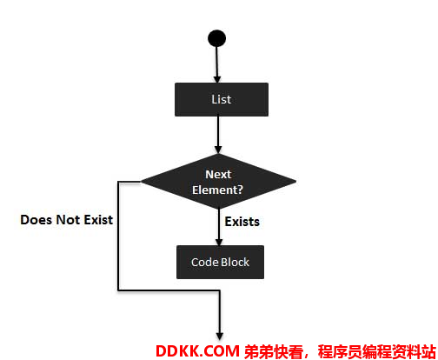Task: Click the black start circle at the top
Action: point(216,38)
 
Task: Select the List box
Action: point(222,99)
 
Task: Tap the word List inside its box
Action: point(221,99)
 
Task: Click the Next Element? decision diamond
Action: point(218,182)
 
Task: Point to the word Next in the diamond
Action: point(218,174)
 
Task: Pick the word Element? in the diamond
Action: point(217,190)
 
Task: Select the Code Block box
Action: point(220,262)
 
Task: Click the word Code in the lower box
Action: point(202,262)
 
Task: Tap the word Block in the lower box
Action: point(233,262)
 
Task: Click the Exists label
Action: point(242,222)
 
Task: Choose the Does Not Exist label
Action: point(67,220)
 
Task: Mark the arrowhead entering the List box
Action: point(217,79)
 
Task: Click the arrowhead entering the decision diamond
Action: point(218,150)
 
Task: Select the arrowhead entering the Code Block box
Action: point(219,242)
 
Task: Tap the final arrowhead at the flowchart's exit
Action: point(220,337)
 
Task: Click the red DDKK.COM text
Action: point(197,351)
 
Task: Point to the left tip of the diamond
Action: point(141,182)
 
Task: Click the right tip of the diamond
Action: point(295,182)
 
